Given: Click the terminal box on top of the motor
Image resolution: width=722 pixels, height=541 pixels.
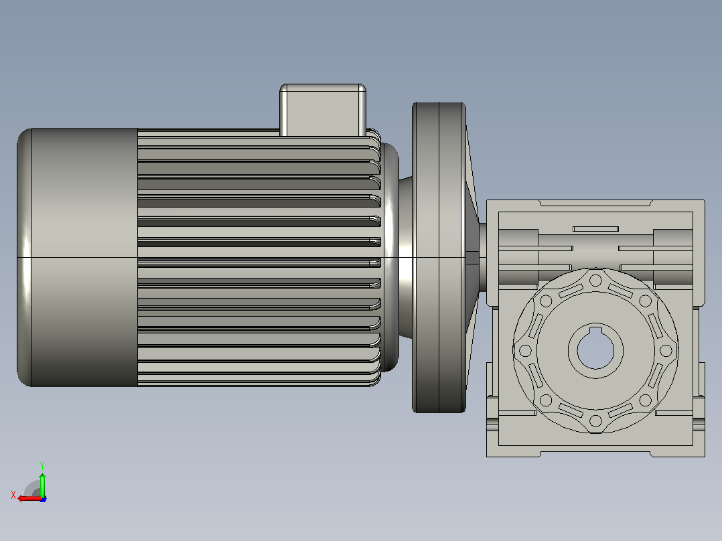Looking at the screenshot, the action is tap(323, 110).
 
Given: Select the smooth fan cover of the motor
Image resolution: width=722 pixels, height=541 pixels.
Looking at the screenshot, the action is tap(78, 257).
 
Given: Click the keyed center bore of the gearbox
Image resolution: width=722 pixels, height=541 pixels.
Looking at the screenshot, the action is tap(595, 351).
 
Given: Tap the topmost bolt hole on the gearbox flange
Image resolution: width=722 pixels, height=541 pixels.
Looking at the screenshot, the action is tap(595, 281).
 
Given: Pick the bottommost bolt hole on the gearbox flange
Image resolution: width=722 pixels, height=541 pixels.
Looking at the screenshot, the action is tap(595, 421).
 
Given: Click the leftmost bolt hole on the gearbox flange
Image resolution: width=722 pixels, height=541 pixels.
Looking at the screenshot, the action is tap(525, 351).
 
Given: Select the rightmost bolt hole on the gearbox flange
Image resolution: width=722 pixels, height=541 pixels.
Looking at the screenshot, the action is tap(666, 351).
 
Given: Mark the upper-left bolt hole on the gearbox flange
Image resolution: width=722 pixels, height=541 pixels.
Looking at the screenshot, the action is tap(546, 301).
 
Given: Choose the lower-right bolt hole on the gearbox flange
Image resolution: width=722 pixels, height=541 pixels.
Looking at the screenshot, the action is tap(645, 400).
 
